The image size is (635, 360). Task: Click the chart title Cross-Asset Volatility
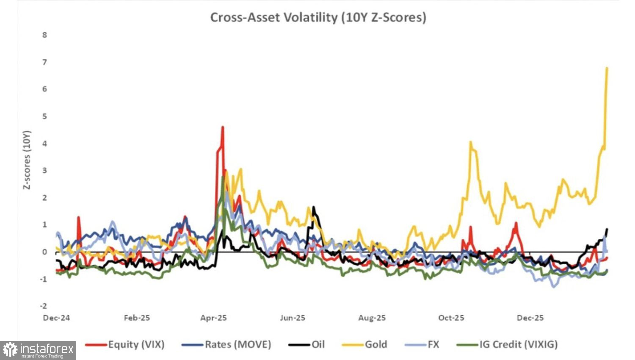pyautogui.click(x=318, y=17)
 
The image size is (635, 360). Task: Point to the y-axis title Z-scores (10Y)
pyautogui.click(x=27, y=160)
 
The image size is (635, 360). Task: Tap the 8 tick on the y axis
pyautogui.click(x=45, y=35)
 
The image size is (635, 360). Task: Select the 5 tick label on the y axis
pyautogui.click(x=45, y=116)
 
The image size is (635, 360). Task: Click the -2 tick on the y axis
pyautogui.click(x=44, y=306)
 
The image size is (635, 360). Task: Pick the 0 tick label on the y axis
pyautogui.click(x=45, y=252)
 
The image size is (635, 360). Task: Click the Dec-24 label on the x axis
pyautogui.click(x=56, y=318)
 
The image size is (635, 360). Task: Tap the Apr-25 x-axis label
pyautogui.click(x=213, y=318)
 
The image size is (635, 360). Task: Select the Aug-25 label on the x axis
pyautogui.click(x=372, y=318)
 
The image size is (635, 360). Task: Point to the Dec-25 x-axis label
pyautogui.click(x=530, y=318)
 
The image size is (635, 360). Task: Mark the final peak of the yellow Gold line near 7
pyautogui.click(x=607, y=68)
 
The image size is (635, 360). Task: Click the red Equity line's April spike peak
pyautogui.click(x=223, y=127)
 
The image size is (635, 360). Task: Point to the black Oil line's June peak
pyautogui.click(x=313, y=207)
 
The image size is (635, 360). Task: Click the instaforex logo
pyautogui.click(x=38, y=350)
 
